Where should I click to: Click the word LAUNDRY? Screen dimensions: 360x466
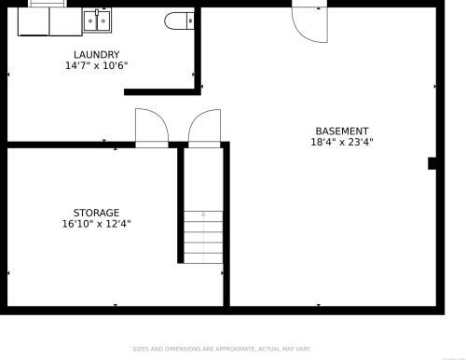tap(96, 55)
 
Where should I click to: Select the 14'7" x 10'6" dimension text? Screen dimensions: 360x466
tap(96, 66)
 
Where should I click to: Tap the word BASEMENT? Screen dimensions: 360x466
tap(341, 132)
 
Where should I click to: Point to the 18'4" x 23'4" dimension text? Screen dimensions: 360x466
tap(341, 143)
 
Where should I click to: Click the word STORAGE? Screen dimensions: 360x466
tap(96, 213)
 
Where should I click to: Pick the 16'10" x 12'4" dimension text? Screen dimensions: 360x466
tap(96, 224)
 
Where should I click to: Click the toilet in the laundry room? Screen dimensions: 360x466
tap(178, 20)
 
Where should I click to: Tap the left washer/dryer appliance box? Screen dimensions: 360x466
tap(34, 21)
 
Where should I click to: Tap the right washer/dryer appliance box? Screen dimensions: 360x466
tap(64, 21)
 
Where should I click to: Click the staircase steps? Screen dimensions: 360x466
tap(203, 237)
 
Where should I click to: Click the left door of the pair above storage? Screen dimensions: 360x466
tap(151, 128)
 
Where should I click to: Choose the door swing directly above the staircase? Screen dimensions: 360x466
tap(204, 128)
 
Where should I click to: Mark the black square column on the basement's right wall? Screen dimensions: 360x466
tap(432, 163)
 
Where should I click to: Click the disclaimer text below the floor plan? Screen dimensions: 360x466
tap(233, 349)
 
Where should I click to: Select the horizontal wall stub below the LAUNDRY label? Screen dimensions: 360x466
tap(161, 91)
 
